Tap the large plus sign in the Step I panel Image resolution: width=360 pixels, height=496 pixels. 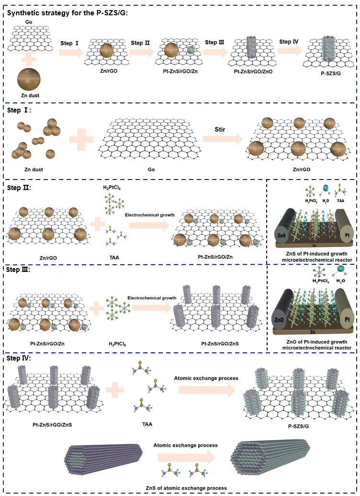click(x=82, y=141)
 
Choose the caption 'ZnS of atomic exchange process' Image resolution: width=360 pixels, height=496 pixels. click(x=186, y=488)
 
